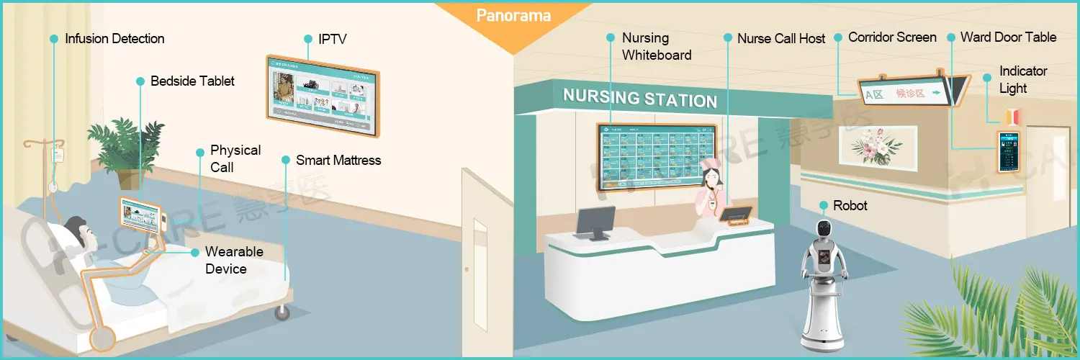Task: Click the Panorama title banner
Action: pos(513,15)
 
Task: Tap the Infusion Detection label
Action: pos(114,39)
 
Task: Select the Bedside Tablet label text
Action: pos(192,81)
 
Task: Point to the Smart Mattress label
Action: pos(338,160)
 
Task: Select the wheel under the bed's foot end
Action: pos(281,312)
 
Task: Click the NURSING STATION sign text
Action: pos(639,97)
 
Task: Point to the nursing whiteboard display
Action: pos(656,156)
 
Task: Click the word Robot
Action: pos(850,206)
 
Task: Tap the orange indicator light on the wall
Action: pos(1012,115)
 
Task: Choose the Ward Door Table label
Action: pos(1008,37)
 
